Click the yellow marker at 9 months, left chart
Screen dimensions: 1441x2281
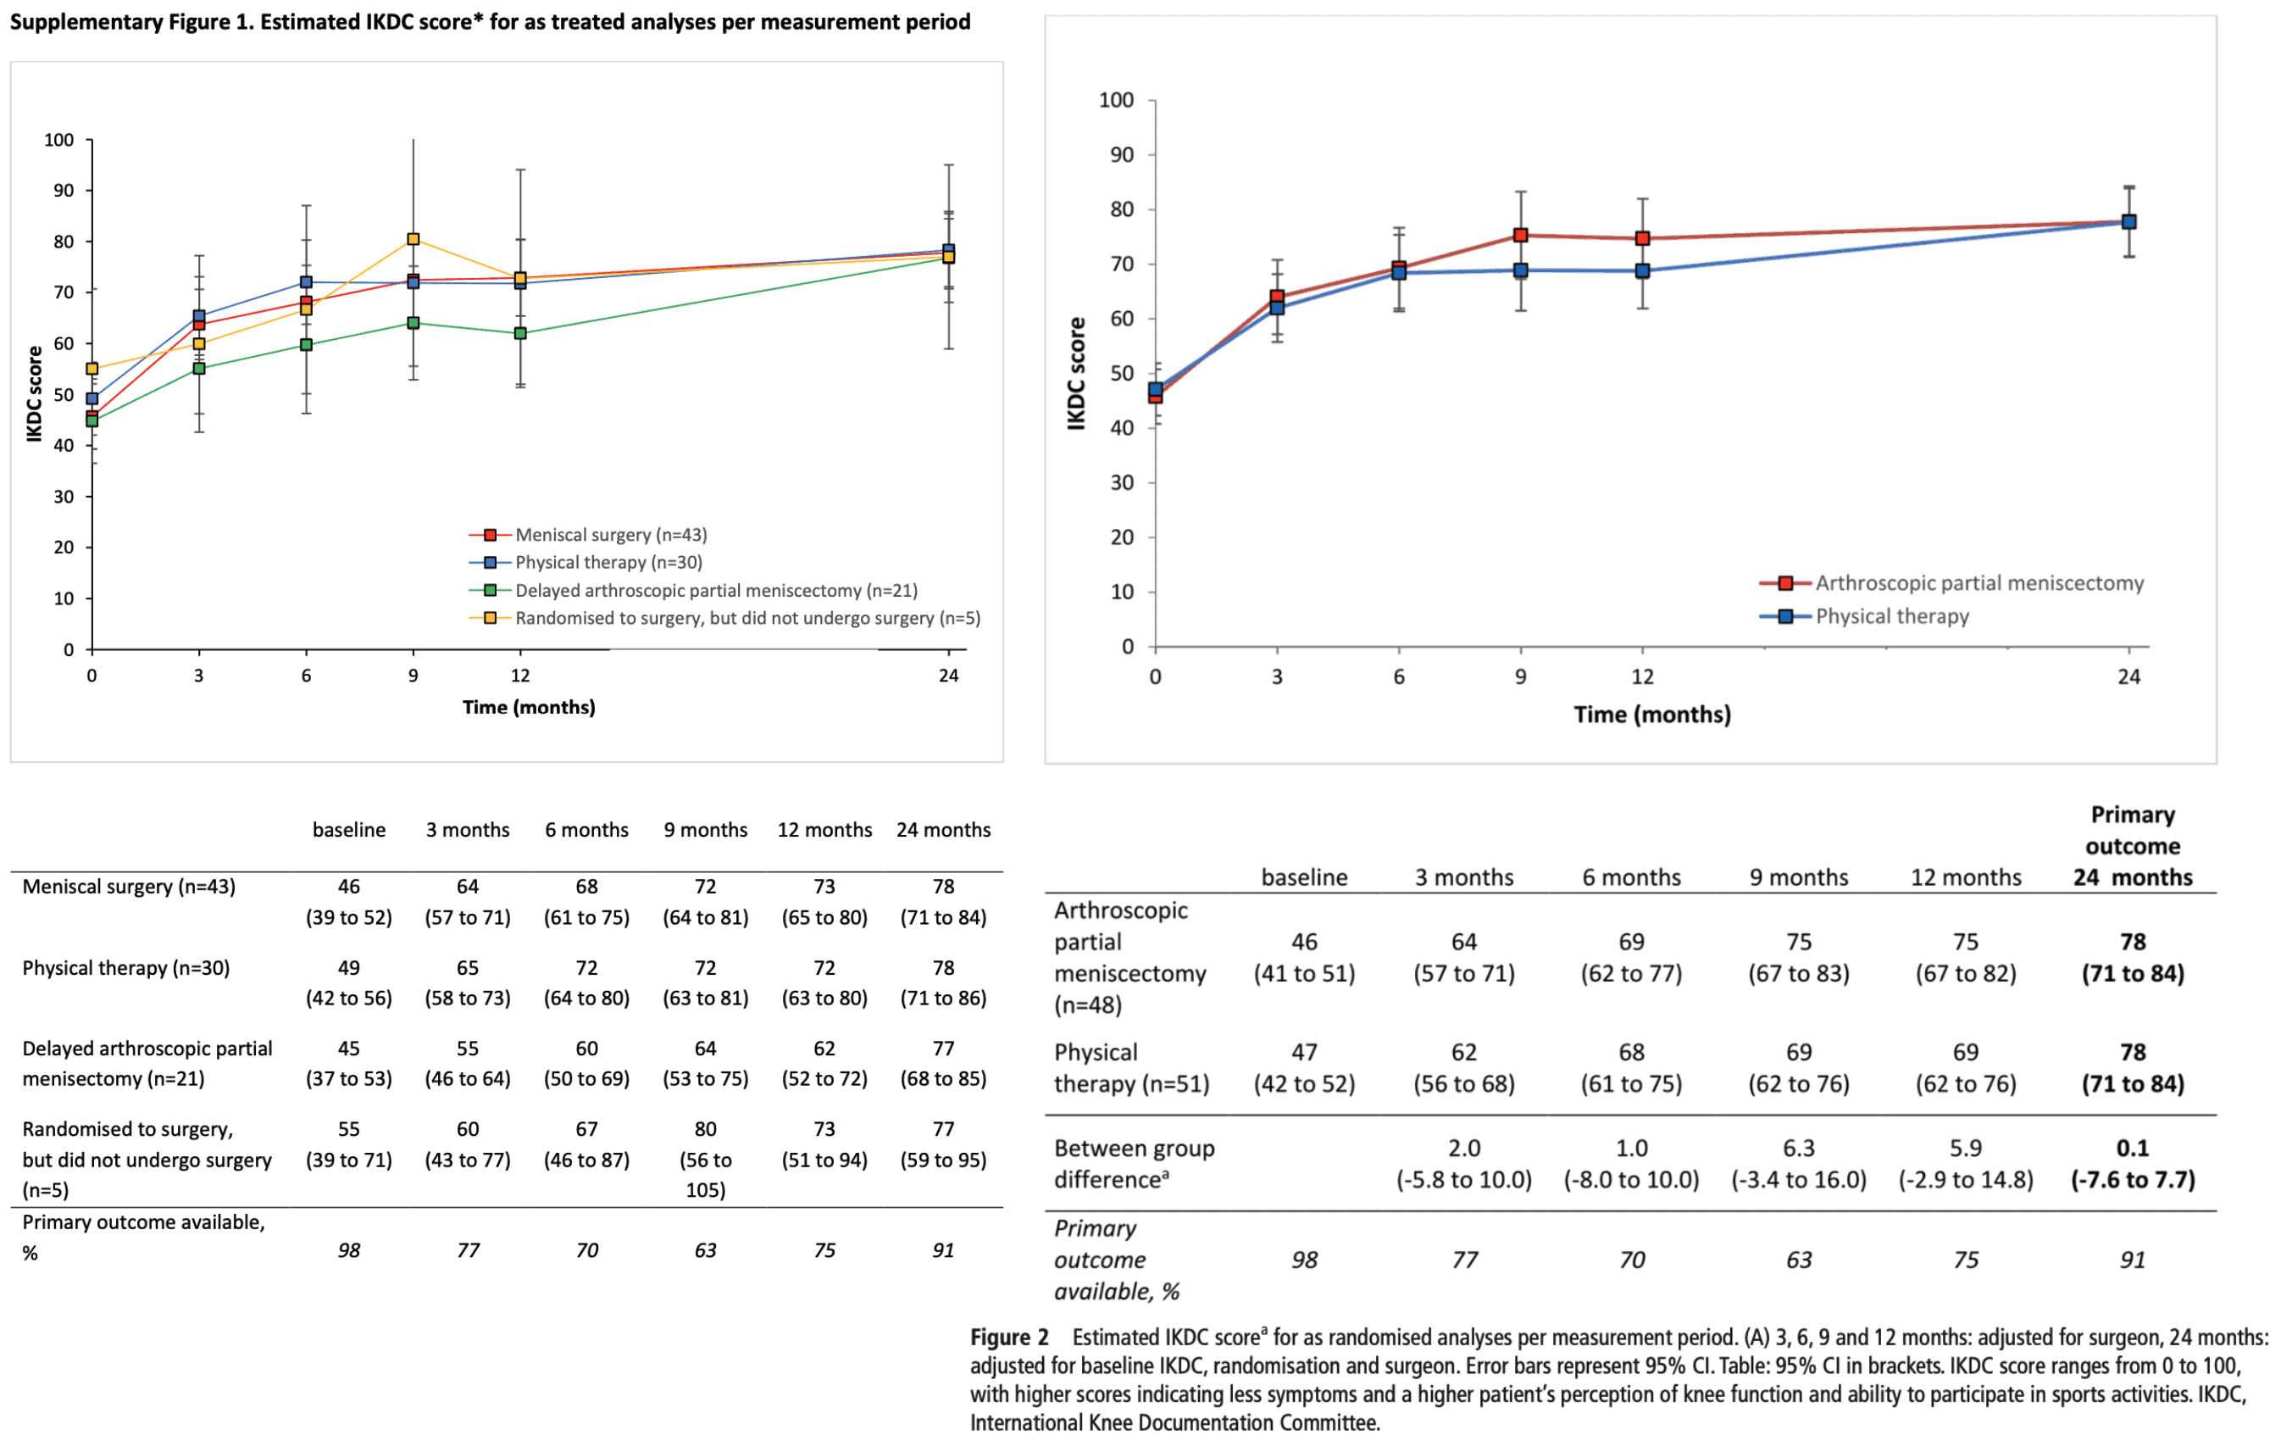(x=413, y=239)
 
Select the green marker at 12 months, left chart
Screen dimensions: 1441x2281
(x=520, y=333)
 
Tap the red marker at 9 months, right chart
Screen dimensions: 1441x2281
(x=1520, y=235)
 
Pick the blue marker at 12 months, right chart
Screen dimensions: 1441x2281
(x=1643, y=271)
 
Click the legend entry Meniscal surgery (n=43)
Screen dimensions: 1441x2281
(x=610, y=535)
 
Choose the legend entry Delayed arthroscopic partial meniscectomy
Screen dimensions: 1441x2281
(x=715, y=590)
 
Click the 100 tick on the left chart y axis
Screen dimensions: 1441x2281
(x=58, y=140)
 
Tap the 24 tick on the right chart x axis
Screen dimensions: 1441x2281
(x=2128, y=676)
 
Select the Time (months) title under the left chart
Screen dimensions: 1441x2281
(x=529, y=707)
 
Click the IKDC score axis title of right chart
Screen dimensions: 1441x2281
(x=1076, y=373)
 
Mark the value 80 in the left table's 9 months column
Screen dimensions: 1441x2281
(x=706, y=1129)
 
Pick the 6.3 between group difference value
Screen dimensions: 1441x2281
(x=1798, y=1149)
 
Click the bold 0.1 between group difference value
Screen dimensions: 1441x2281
(x=2132, y=1149)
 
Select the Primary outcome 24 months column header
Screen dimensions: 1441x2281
(x=2132, y=846)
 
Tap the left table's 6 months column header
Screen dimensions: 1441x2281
(x=586, y=830)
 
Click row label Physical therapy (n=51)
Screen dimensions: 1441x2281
(x=1131, y=1068)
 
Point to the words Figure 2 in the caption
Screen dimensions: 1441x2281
(x=1009, y=1337)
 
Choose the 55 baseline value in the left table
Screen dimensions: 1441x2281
(x=348, y=1129)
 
